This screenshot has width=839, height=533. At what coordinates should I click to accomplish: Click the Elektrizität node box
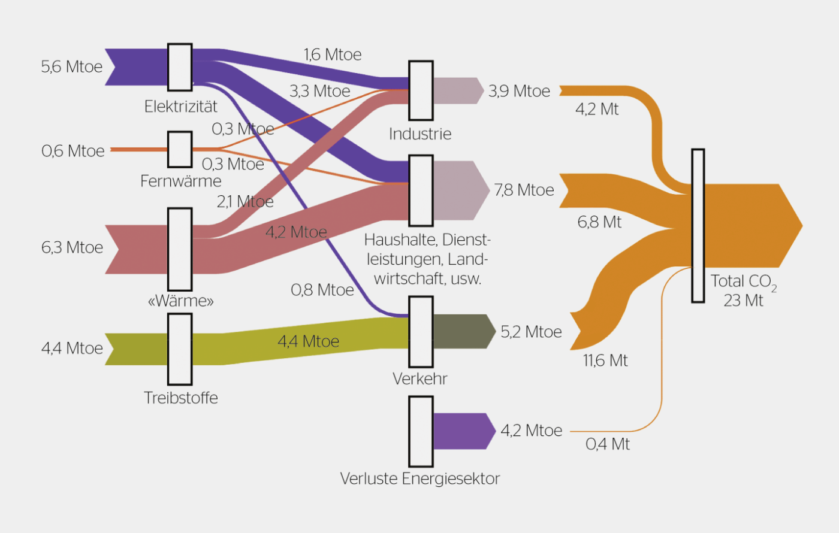180,67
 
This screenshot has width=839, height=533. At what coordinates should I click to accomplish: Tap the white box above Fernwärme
180,149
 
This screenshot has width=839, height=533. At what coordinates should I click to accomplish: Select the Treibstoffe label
181,398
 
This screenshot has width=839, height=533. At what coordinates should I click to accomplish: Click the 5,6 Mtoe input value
72,66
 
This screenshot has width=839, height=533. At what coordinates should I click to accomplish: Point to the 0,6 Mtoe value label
73,151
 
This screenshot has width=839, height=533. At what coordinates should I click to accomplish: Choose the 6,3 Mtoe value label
73,247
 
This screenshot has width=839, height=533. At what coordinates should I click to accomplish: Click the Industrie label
420,134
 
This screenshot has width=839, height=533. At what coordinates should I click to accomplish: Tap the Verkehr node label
420,378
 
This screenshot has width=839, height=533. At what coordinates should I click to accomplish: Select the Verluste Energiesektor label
420,479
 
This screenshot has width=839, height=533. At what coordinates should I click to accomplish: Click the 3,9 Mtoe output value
519,91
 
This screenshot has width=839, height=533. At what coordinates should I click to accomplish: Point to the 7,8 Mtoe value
524,190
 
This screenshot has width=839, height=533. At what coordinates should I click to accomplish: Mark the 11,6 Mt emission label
605,361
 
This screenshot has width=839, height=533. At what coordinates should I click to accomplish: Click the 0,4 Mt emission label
608,444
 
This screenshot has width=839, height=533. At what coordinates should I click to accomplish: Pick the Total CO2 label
743,281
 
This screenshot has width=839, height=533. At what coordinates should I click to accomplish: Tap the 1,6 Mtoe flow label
333,54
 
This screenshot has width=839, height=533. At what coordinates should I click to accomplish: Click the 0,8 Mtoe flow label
322,290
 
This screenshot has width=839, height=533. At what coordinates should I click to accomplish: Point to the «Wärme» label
180,301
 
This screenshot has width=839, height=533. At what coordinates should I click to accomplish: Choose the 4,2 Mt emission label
597,109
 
